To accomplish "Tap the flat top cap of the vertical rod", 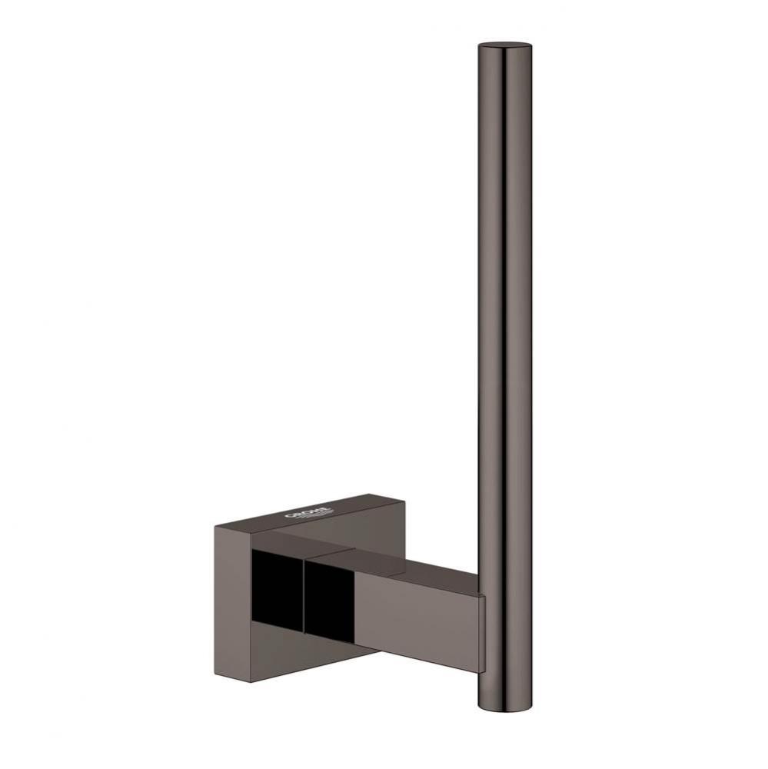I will [x=504, y=43].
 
